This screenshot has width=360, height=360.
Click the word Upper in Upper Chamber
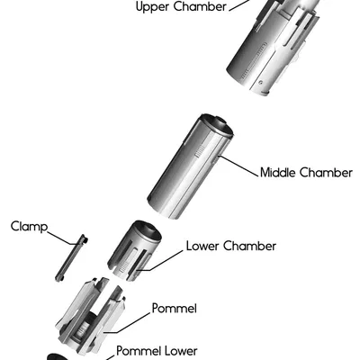tap(153, 7)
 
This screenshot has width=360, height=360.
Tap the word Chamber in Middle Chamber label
tap(326, 173)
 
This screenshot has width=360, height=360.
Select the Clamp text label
tap(29, 226)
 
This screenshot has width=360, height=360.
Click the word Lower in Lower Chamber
tap(202, 246)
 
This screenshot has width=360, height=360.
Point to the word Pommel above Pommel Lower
tap(175, 308)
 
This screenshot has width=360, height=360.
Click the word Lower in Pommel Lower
tap(180, 351)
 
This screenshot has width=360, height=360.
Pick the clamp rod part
tap(71, 257)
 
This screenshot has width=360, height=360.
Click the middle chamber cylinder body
tap(190, 166)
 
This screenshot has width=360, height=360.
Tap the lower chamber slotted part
tap(134, 251)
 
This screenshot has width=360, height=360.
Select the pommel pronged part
tap(90, 315)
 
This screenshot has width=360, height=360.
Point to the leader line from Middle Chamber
tap(238, 166)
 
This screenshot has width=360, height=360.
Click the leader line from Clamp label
tap(61, 238)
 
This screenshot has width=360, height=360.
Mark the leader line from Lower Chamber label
tap(161, 260)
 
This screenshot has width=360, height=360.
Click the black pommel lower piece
tap(59, 356)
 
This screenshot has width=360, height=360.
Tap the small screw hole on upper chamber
tap(261, 82)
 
